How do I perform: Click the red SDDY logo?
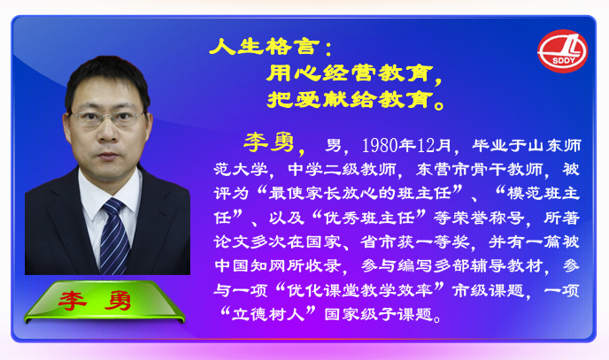tap(562, 51)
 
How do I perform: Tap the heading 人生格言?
tap(264, 48)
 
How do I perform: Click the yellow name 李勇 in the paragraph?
tap(269, 142)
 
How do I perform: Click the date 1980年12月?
tap(406, 145)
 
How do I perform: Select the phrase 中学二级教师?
tap(342, 170)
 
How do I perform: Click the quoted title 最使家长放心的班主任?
tap(359, 193)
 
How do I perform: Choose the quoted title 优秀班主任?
tap(369, 218)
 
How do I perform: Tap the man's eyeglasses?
tap(107, 118)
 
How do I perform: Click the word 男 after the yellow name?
tap(333, 145)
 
